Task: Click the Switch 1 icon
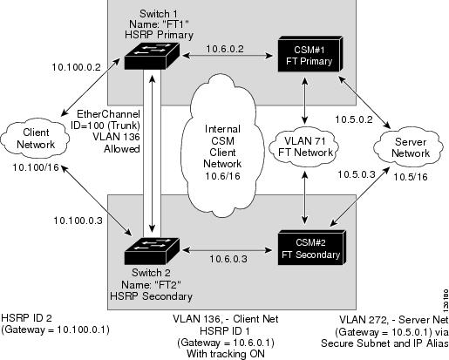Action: click(152, 56)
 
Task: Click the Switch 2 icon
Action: click(152, 251)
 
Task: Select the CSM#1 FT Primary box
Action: click(310, 54)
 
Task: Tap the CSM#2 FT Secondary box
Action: click(311, 248)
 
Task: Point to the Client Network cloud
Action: click(35, 139)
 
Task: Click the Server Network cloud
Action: click(409, 147)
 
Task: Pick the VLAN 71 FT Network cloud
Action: click(304, 147)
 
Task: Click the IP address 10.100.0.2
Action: click(76, 67)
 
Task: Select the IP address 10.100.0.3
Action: click(78, 221)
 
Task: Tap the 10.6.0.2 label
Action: click(225, 49)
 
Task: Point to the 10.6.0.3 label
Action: click(228, 259)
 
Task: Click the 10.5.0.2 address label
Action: click(354, 119)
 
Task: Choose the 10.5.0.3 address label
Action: click(357, 174)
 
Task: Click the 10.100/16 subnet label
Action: click(36, 167)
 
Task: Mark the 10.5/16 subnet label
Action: click(411, 177)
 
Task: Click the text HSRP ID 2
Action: click(26, 318)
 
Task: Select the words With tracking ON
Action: click(226, 354)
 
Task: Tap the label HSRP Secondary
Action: click(151, 296)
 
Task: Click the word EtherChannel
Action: click(108, 114)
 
